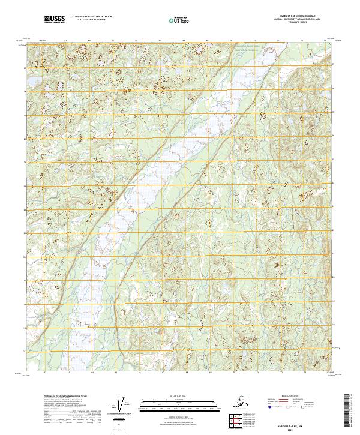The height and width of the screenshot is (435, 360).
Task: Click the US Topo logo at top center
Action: point(178,20)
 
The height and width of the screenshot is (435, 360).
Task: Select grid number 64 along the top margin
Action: point(89,41)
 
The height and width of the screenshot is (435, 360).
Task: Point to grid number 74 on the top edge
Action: point(324,41)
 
